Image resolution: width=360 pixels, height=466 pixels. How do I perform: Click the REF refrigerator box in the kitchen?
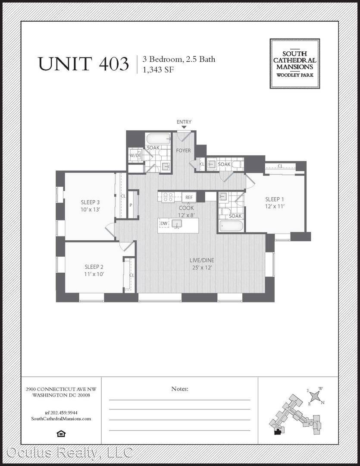coord(189,197)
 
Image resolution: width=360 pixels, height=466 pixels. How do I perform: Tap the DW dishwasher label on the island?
coord(164,223)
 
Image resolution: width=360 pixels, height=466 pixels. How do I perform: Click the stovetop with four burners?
coord(168,197)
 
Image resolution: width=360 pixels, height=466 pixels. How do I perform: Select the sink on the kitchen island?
coord(177,224)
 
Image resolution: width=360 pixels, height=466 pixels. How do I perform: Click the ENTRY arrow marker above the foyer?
coord(184,127)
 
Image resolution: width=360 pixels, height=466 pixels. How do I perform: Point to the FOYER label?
coord(183,151)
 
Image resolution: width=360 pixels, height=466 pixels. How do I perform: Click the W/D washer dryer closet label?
coord(135,155)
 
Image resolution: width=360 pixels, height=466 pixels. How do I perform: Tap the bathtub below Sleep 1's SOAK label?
coord(231,226)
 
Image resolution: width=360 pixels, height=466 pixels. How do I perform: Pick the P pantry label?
coord(131,205)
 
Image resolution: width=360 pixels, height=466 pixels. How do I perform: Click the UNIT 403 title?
coord(84,63)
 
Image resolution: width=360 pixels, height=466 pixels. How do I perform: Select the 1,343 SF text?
coord(158,69)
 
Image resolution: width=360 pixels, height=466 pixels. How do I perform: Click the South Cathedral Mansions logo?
coord(294,63)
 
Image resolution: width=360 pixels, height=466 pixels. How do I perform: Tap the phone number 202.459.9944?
coord(64,412)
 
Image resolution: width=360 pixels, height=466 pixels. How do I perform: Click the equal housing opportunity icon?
coord(61,434)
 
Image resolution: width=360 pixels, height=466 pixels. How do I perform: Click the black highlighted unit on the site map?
coord(278,432)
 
